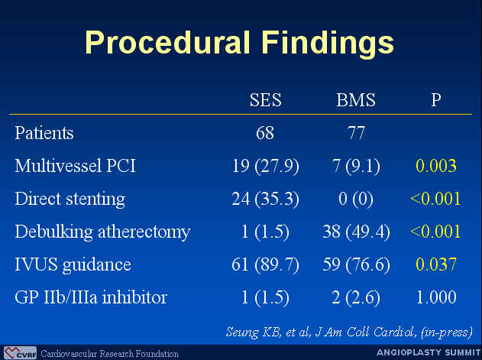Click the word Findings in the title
click(x=328, y=43)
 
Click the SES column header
click(x=266, y=100)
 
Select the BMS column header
click(x=356, y=100)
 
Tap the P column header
click(x=436, y=100)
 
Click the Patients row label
click(x=44, y=133)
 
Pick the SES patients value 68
click(x=265, y=133)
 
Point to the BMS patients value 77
click(x=356, y=133)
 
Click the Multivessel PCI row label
click(x=76, y=166)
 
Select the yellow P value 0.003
click(x=436, y=166)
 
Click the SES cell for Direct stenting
click(x=265, y=199)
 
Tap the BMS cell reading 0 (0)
click(x=356, y=199)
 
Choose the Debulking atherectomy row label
click(x=102, y=232)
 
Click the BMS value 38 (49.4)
click(x=356, y=232)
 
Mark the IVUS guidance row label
click(x=73, y=265)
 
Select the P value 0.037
click(x=436, y=264)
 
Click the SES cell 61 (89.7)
click(x=265, y=264)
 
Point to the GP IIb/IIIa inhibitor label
click(x=91, y=297)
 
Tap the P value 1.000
click(x=436, y=297)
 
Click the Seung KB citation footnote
click(x=349, y=332)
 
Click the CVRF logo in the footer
click(x=21, y=353)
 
